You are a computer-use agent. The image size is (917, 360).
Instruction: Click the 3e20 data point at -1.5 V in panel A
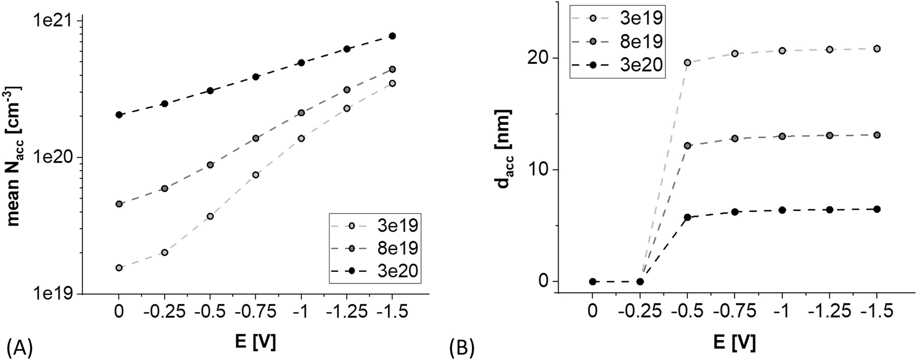(392, 36)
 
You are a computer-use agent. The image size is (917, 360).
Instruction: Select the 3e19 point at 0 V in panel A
(119, 268)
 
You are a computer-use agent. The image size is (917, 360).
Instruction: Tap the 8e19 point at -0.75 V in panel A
(256, 138)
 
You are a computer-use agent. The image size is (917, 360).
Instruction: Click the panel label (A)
(20, 347)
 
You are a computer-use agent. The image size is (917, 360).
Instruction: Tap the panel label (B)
(462, 347)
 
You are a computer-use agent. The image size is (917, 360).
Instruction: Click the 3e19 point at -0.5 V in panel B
(687, 62)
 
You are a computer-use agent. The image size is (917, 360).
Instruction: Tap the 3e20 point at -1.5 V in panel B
(877, 209)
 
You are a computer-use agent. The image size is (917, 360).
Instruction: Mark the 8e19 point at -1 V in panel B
(782, 136)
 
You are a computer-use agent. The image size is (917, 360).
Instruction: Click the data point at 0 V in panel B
(593, 281)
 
